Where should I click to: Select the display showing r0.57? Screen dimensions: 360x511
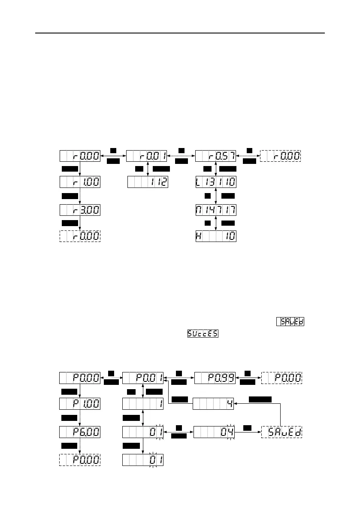pyautogui.click(x=215, y=156)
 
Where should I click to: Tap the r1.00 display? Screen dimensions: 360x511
pyautogui.click(x=80, y=182)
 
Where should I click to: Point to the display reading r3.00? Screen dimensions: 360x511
pyautogui.click(x=80, y=210)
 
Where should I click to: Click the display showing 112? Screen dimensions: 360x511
pyautogui.click(x=148, y=182)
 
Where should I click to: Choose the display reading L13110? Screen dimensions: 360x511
pyautogui.click(x=215, y=182)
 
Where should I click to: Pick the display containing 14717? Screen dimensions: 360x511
pyautogui.click(x=215, y=210)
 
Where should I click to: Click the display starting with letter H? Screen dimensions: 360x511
pyautogui.click(x=215, y=236)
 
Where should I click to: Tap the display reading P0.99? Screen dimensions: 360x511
pyautogui.click(x=215, y=378)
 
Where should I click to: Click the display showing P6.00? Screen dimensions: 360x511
pyautogui.click(x=80, y=432)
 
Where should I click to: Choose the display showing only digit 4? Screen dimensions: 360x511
pyautogui.click(x=213, y=404)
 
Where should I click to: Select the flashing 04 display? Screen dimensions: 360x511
pyautogui.click(x=213, y=432)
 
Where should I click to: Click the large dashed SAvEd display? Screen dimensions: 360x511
pyautogui.click(x=282, y=432)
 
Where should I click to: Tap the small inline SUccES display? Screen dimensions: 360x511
pyautogui.click(x=203, y=333)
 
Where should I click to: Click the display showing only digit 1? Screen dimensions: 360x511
pyautogui.click(x=143, y=404)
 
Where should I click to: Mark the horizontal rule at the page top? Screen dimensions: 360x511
pyautogui.click(x=180, y=33)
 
